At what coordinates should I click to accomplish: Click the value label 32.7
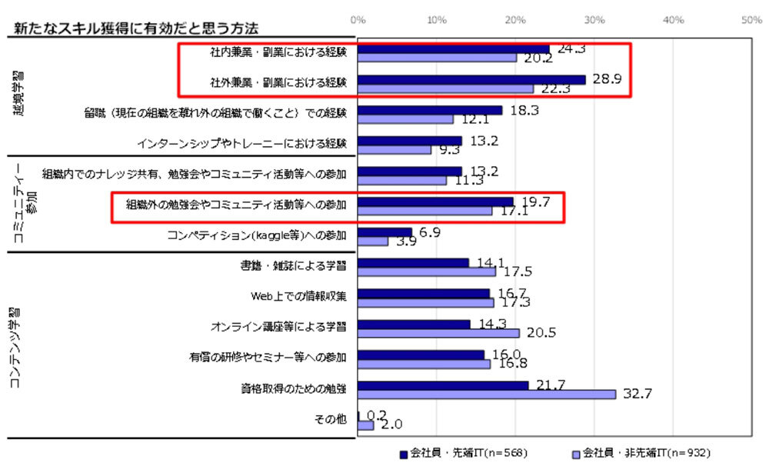coord(639,394)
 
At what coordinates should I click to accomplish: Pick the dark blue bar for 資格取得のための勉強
coord(443,384)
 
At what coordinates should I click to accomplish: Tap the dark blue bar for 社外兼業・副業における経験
coord(471,79)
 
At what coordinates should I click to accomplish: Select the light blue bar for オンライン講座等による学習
coord(438,333)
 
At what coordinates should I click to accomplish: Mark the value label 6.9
coord(430,231)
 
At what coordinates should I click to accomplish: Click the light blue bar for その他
coord(365,425)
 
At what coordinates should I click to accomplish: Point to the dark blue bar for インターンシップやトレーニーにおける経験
coord(410,141)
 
